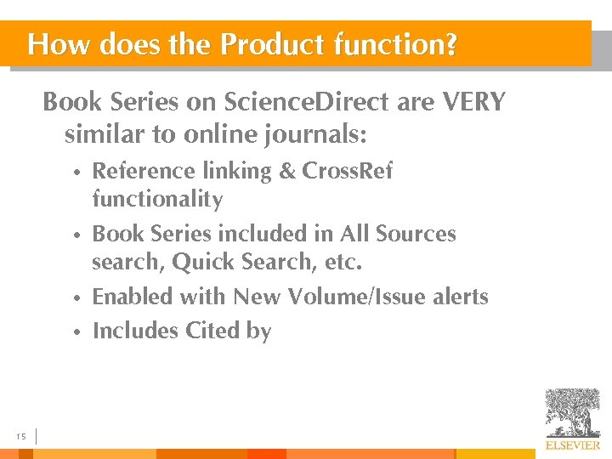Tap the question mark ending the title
[x=450, y=44]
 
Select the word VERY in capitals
[x=473, y=103]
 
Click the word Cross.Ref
[x=348, y=171]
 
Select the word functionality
[x=157, y=201]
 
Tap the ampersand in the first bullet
[x=287, y=171]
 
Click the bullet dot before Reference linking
[x=76, y=173]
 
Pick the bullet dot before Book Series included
[x=76, y=235]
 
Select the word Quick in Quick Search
[x=200, y=263]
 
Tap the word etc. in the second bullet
[x=343, y=263]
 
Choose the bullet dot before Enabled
[x=76, y=299]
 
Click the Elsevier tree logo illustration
[x=572, y=412]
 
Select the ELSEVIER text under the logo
[x=572, y=445]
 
